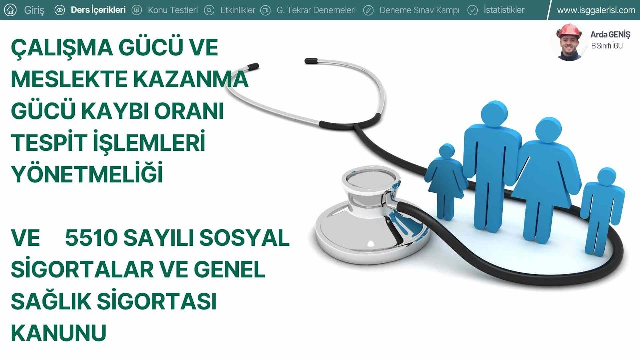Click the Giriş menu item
click(34, 10)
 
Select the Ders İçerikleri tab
click(98, 10)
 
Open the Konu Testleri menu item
click(172, 10)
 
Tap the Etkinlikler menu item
click(237, 10)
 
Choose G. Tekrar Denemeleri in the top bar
click(316, 10)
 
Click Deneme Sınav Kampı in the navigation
click(419, 10)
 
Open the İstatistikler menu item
click(504, 10)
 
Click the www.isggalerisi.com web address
click(596, 10)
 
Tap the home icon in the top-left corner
click(10, 10)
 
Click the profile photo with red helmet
click(569, 42)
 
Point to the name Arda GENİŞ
click(610, 35)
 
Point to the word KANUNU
click(58, 333)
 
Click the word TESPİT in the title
click(48, 143)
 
